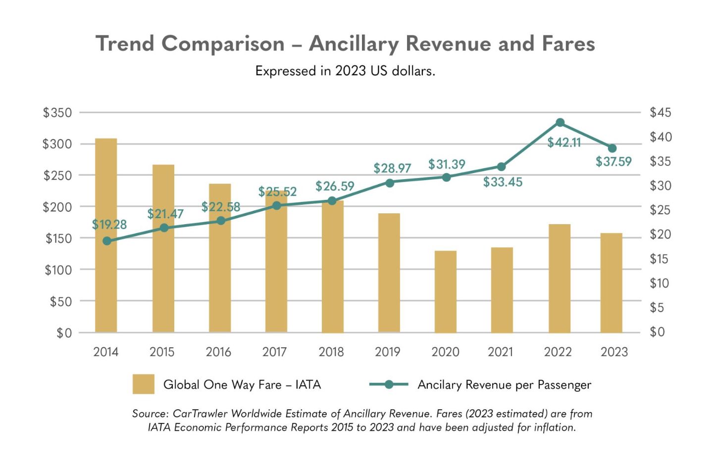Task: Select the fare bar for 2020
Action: (446, 291)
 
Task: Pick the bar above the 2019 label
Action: (389, 273)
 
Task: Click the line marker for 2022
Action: (560, 123)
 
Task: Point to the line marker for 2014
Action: (107, 241)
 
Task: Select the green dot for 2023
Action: (612, 148)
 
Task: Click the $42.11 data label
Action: (564, 142)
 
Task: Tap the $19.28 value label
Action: (109, 225)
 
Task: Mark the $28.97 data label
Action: (392, 168)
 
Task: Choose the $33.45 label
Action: (503, 182)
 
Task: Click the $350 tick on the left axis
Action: (57, 113)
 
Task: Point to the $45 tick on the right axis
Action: (660, 113)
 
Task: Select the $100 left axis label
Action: (58, 270)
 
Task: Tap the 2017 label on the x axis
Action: (274, 352)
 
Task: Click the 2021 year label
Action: (500, 352)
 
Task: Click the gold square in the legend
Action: (144, 384)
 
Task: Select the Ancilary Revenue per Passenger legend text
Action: (504, 385)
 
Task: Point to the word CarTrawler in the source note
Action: (201, 414)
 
